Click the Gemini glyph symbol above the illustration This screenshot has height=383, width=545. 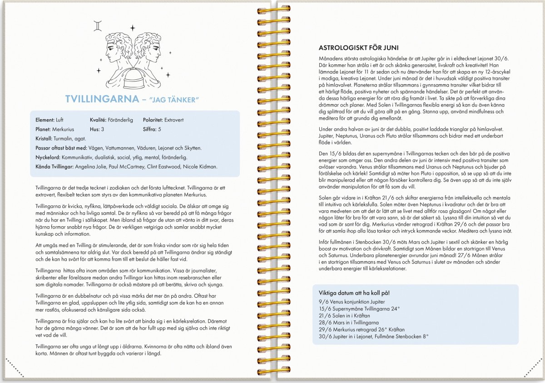(98, 25)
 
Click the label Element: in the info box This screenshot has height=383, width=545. (45, 120)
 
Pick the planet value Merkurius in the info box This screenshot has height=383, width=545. (63, 129)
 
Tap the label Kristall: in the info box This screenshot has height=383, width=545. (44, 138)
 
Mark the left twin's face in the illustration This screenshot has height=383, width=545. (112, 50)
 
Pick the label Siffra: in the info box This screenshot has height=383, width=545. (150, 129)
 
